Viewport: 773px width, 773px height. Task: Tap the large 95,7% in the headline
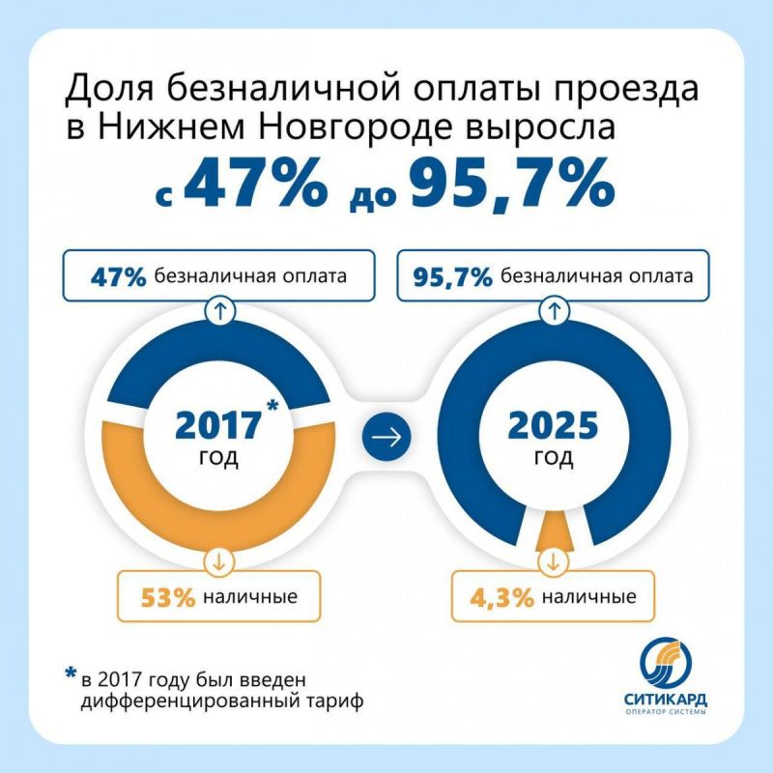[510, 184]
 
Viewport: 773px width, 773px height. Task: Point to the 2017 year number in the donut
[217, 426]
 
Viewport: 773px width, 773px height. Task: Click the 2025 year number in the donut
[555, 426]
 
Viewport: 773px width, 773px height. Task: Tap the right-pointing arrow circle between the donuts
[386, 438]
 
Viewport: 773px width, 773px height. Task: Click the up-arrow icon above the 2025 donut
[555, 311]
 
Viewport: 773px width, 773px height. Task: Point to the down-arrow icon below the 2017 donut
[217, 560]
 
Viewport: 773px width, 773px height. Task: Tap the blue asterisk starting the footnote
[70, 673]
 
